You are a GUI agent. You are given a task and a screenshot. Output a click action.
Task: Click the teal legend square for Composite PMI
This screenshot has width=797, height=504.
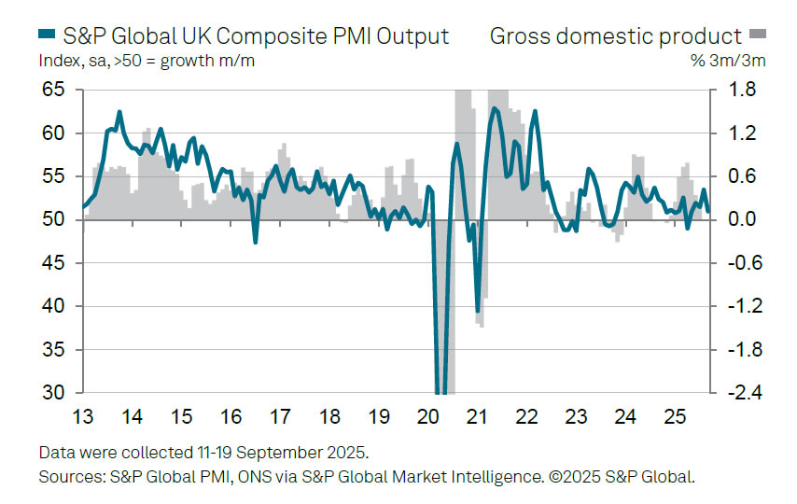tap(48, 36)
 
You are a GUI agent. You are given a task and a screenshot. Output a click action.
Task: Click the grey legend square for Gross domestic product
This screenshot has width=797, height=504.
tap(757, 36)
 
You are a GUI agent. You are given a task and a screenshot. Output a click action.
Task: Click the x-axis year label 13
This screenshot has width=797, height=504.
tap(83, 416)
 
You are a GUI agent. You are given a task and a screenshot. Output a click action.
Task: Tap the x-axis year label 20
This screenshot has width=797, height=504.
tap(429, 416)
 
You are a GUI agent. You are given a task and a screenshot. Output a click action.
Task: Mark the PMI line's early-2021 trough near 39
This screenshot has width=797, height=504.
tap(478, 312)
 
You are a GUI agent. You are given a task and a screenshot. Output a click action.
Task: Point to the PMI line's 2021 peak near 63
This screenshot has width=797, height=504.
tap(494, 109)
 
